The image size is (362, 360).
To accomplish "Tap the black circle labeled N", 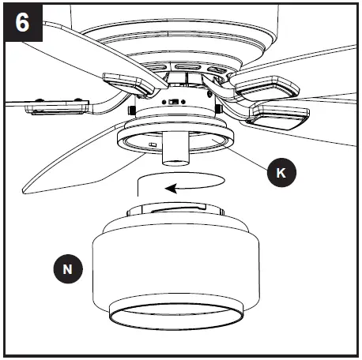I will [69, 269].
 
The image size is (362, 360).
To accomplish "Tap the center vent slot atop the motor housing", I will [188, 68].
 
